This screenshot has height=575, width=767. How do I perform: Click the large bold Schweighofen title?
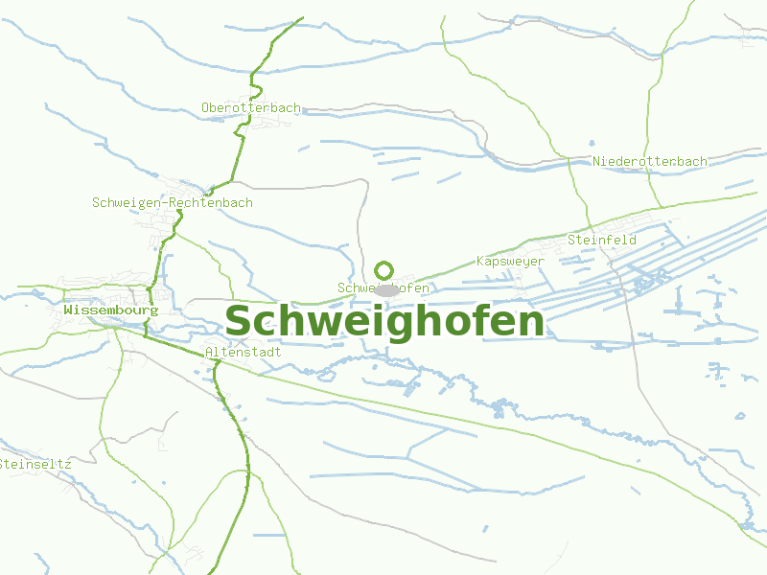pos(383,322)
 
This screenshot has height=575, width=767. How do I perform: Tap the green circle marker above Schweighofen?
pos(384,271)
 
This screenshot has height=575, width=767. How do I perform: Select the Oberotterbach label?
pos(251,108)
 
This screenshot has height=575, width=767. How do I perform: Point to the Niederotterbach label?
pos(650,161)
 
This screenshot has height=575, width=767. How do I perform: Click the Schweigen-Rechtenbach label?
pos(173,203)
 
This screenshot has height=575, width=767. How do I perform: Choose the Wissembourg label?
pos(110,310)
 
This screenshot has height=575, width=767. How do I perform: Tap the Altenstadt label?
pos(244,353)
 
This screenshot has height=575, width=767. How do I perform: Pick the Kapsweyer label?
pos(510,262)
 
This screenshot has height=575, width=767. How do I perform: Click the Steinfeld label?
pos(602,240)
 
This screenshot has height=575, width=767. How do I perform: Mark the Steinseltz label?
pos(35,464)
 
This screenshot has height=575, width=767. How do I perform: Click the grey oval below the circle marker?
pos(386,289)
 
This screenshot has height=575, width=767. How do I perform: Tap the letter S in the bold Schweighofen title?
pos(238,322)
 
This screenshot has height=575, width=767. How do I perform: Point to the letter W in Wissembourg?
pos(68,310)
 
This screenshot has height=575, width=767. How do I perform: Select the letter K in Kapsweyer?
pos(480,262)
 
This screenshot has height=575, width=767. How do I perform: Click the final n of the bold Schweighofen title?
pos(531,323)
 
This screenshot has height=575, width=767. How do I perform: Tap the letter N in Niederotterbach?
pos(596,161)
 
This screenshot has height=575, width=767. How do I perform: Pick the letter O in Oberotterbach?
pos(205,108)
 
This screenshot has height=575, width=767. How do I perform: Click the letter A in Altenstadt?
pos(209,353)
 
